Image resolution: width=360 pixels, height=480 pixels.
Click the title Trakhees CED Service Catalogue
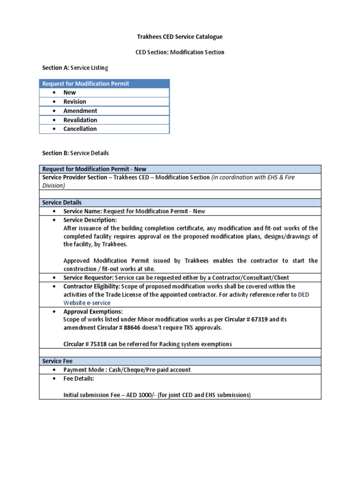[180, 37]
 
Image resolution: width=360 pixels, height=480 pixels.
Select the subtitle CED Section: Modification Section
[180, 52]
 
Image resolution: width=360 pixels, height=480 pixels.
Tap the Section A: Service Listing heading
[75, 68]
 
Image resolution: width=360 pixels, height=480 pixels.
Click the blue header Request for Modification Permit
[86, 83]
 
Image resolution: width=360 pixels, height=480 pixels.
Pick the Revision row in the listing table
[75, 102]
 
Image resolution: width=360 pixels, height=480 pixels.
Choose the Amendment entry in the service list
[80, 111]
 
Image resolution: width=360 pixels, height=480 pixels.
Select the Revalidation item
[80, 120]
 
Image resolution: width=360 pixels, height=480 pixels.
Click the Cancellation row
[80, 129]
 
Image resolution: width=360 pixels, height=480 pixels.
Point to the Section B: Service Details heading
[75, 153]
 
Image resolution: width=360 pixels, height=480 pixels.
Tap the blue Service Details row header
[62, 202]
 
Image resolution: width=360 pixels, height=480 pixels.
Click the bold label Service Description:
[90, 220]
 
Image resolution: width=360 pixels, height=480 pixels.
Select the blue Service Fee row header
[56, 361]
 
